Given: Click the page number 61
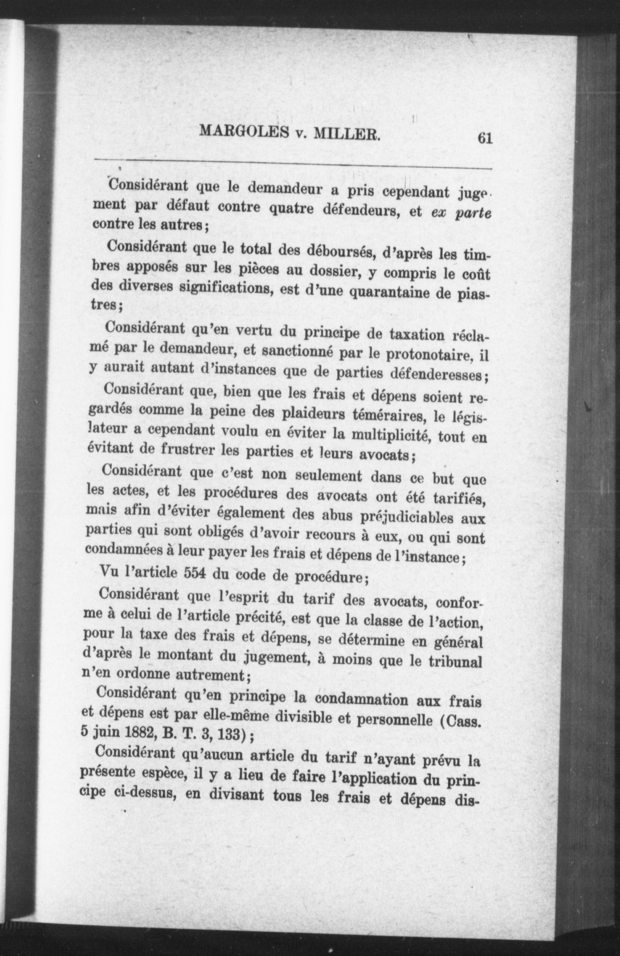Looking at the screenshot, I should click(x=484, y=138).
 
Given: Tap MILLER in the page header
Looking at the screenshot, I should click(x=346, y=134).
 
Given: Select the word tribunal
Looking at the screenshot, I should click(x=456, y=661).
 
